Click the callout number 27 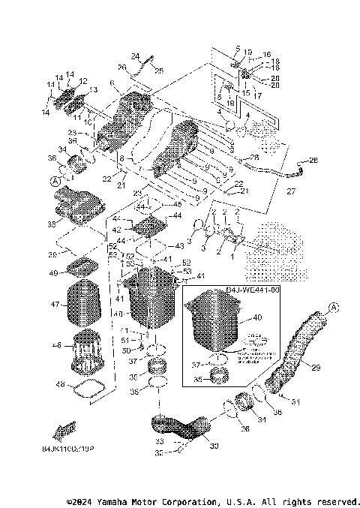[x=292, y=191]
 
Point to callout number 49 [x=53, y=273]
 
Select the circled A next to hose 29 [x=333, y=306]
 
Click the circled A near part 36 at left [x=55, y=181]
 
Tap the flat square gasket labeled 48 [x=88, y=389]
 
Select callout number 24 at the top [x=135, y=56]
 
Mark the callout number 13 [x=94, y=90]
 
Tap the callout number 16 [x=265, y=55]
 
